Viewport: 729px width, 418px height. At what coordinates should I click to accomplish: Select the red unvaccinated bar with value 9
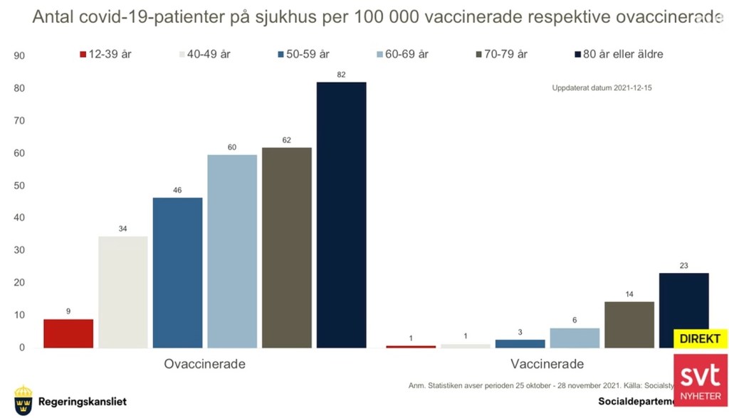point(68,333)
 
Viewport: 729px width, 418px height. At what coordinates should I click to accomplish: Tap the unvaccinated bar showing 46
point(178,272)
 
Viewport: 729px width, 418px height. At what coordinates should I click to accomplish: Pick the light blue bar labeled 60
point(233,251)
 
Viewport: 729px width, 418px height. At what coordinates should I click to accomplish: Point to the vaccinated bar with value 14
point(629,324)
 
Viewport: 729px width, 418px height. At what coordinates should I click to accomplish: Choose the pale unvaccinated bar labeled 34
point(123,291)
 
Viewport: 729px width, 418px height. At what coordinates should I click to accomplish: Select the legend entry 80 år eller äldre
point(618,53)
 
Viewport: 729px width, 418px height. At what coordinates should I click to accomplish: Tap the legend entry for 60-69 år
point(402,53)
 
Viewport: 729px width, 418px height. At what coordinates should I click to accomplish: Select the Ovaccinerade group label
point(205,364)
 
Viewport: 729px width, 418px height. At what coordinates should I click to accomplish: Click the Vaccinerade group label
point(547,364)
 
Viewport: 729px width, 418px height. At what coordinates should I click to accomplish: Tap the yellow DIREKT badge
point(700,339)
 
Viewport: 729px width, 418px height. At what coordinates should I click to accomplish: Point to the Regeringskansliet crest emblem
point(23,401)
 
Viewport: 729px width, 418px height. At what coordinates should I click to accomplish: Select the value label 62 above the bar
point(287,141)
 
